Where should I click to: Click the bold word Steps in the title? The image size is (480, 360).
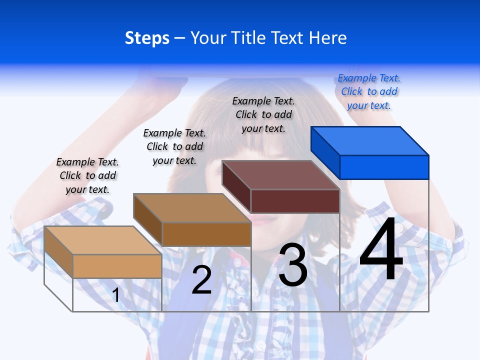click(147, 38)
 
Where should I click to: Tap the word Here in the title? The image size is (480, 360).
click(328, 38)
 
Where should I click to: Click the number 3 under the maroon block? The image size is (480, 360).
click(293, 265)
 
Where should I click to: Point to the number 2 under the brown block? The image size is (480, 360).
click(202, 279)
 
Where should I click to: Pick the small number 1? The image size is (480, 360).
click(116, 295)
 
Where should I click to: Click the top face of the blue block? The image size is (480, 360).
click(370, 141)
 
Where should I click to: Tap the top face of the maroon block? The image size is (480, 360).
click(281, 175)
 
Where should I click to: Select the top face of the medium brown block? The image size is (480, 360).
click(192, 208)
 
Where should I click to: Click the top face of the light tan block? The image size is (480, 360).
click(103, 240)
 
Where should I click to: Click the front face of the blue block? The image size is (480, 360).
click(384, 167)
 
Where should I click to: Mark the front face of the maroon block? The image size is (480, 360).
click(295, 201)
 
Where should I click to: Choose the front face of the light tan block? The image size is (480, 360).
click(117, 266)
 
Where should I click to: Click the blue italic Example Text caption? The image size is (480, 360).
click(369, 91)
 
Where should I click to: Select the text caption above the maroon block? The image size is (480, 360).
click(263, 114)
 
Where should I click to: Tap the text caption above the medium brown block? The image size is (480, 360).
click(174, 146)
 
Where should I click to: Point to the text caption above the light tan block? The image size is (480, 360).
click(87, 175)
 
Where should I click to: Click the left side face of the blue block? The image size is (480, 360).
click(325, 153)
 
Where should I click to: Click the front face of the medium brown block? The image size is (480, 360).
click(206, 234)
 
